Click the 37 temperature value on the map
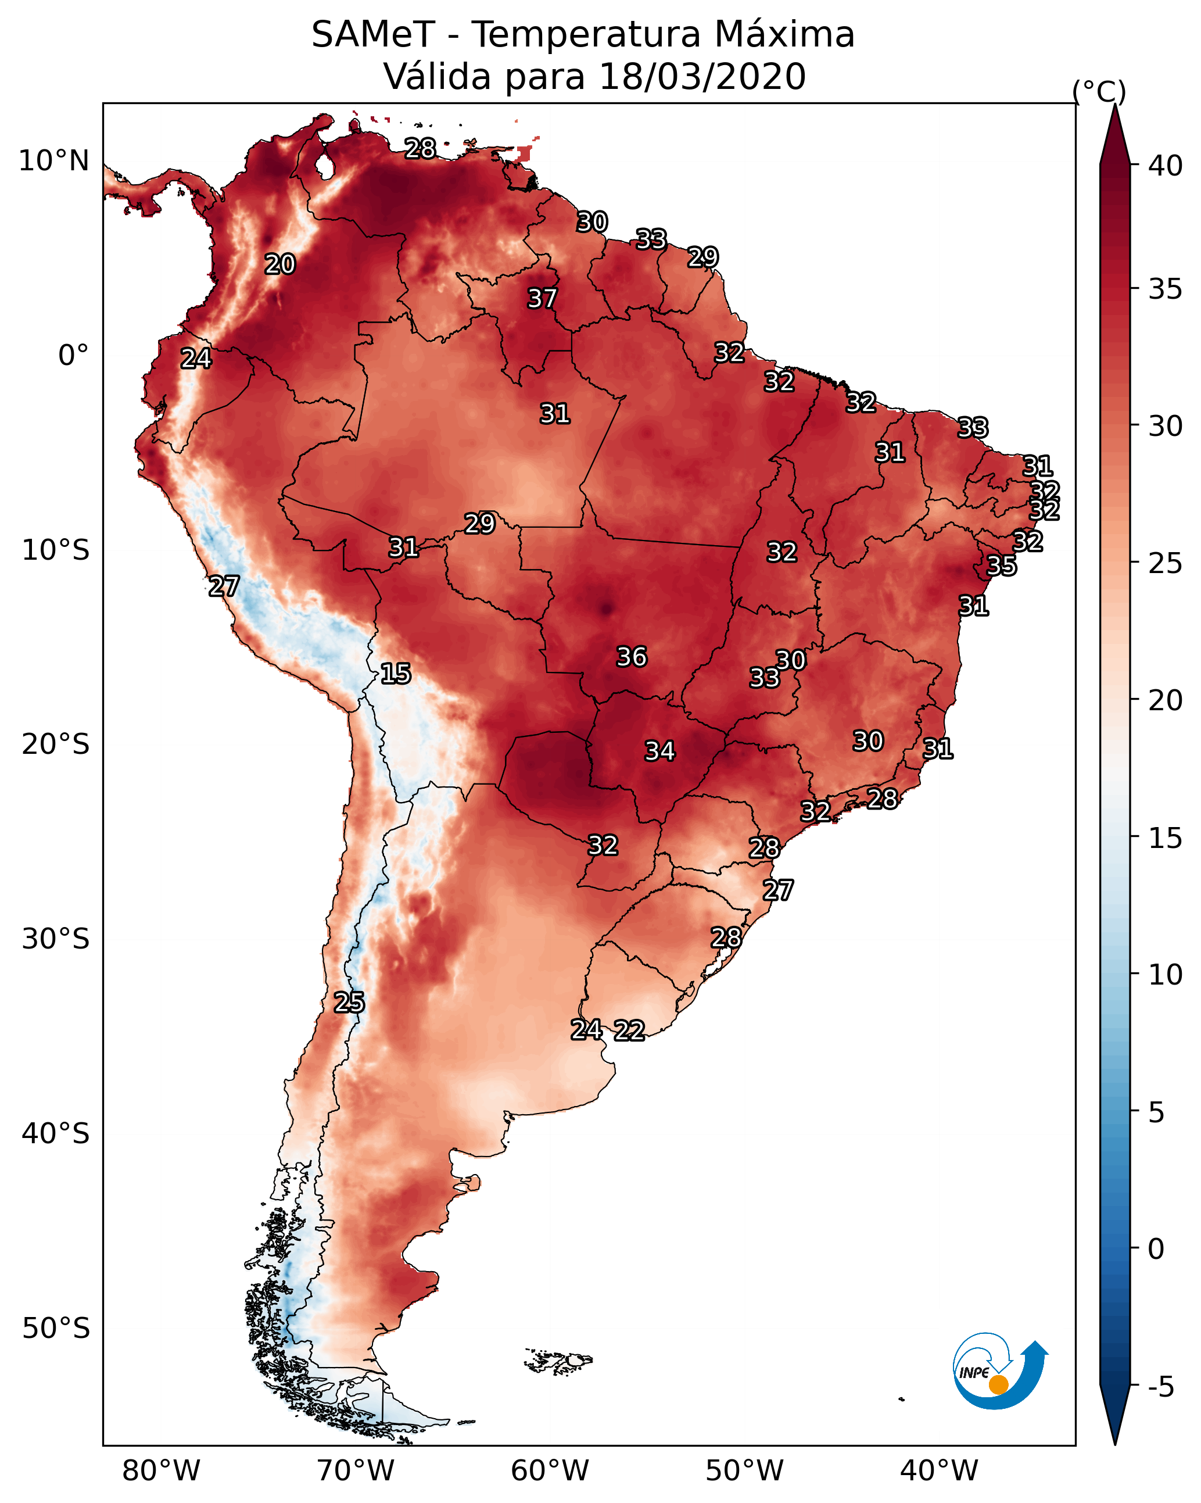point(542,298)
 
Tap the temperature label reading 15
point(395,674)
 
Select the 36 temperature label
point(632,657)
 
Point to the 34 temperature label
point(659,751)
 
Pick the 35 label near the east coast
point(1002,566)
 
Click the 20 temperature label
point(279,264)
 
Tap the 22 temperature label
point(629,1030)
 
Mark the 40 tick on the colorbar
point(1165,166)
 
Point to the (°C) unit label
point(1099,91)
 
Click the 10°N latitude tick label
point(53,161)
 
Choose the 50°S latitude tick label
point(56,1329)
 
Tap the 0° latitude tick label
point(73,356)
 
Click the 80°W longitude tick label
point(161,1471)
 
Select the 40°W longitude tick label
point(939,1471)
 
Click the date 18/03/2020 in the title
point(702,77)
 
